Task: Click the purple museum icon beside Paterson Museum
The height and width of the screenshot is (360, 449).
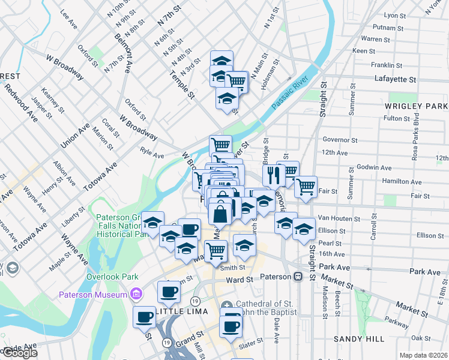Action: (x=136, y=294)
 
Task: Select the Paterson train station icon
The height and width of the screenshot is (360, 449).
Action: (x=298, y=277)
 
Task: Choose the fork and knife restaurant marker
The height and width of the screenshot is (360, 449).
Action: (x=273, y=175)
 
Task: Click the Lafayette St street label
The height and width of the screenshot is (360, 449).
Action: (x=395, y=79)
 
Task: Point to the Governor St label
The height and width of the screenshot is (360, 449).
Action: (x=340, y=140)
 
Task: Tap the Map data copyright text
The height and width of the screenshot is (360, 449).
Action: (x=424, y=355)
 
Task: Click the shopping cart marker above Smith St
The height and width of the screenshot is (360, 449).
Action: (x=215, y=250)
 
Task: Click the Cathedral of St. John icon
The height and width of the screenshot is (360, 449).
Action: (x=226, y=307)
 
